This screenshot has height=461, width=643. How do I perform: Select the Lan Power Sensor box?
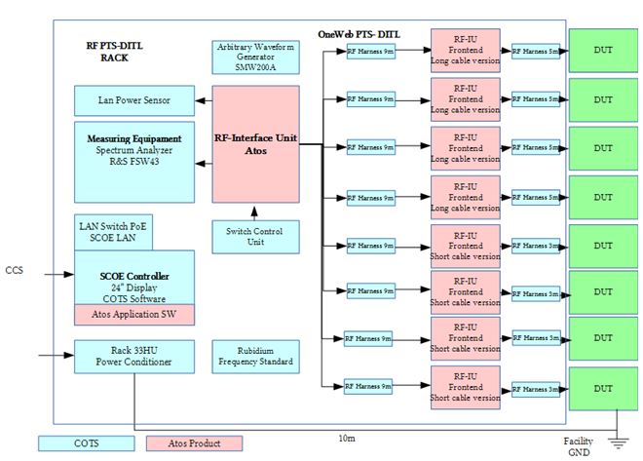pyautogui.click(x=132, y=98)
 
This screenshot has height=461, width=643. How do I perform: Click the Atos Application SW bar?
pyautogui.click(x=133, y=314)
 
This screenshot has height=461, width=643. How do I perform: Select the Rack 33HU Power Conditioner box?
pyautogui.click(x=132, y=357)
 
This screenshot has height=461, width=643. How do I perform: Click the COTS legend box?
pyautogui.click(x=86, y=442)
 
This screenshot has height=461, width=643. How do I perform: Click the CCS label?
pyautogui.click(x=14, y=269)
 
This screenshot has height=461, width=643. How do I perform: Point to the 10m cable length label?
pyautogui.click(x=346, y=439)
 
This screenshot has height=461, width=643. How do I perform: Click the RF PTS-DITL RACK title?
pyautogui.click(x=115, y=52)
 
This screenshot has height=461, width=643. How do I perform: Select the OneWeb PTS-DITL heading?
pyautogui.click(x=359, y=34)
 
